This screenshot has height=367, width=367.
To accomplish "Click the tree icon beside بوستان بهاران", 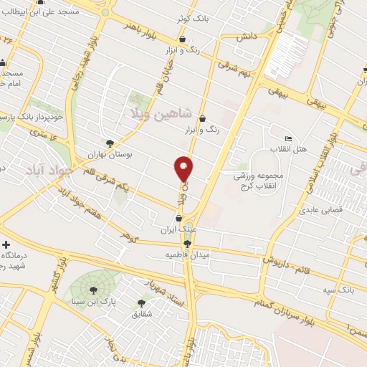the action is click(109, 143).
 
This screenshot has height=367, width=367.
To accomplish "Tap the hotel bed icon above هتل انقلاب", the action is click(288, 138).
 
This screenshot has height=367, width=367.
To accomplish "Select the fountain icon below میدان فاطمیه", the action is click(188, 244).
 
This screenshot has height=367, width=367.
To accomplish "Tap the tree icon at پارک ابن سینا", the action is click(93, 289).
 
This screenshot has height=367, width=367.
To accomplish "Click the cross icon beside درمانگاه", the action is click(6, 244).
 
